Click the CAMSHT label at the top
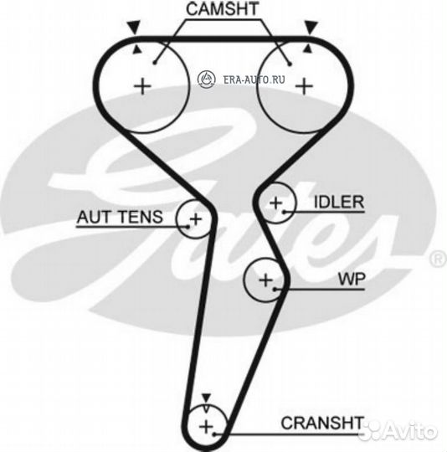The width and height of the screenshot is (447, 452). coord(222,9)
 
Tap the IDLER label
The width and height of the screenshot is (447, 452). coord(339,202)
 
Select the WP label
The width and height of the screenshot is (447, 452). coord(352,279)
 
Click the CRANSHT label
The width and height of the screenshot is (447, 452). coord(322,423)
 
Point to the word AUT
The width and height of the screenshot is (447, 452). coord(95,217)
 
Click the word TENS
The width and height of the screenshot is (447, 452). coord(141,217)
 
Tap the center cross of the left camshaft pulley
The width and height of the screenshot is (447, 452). coord(142,86)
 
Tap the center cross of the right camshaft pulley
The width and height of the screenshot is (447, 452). coord(304,86)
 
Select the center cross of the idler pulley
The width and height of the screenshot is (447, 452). coord(275,203)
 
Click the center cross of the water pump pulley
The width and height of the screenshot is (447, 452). coord(265,280)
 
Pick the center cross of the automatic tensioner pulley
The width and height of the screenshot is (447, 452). coord(196,219)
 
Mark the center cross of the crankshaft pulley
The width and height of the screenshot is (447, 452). coord(206,427)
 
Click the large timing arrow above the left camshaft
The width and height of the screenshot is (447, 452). coord(134,28)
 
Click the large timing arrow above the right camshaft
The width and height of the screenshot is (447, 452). coord(311,28)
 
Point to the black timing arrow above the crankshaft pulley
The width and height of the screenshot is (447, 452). coord(206,398)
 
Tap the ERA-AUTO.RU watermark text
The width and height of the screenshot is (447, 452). coord(254,80)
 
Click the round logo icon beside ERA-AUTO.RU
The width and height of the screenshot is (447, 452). coord(207,79)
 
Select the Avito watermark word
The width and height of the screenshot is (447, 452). coord(410,431)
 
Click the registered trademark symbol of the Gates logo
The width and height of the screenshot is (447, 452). coord(438,259)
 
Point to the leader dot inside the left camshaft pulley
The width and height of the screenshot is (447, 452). coord(155,63)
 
